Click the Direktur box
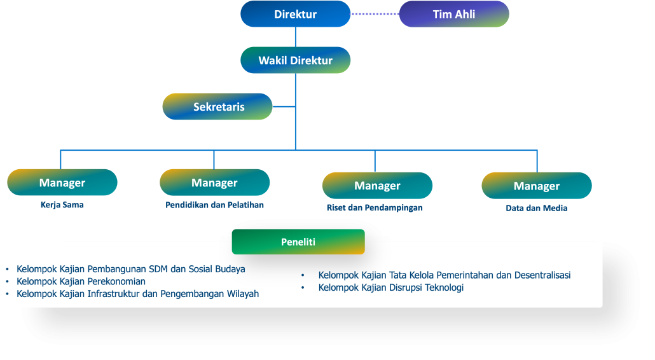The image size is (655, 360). pos(296,14)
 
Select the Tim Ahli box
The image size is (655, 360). pos(454,14)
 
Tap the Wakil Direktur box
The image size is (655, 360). pos(296,60)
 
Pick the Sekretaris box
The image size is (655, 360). pos(218,107)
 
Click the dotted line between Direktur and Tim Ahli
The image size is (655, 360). pos(375,13)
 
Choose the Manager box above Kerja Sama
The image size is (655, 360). pos(62,183)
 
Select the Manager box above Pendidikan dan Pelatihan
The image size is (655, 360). pos(215,183)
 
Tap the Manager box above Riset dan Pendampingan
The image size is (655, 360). pos(378,186)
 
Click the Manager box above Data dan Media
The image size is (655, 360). pos(537,186)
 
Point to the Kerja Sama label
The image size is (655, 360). pos(62,205)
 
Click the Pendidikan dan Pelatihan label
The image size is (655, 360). pos(215,205)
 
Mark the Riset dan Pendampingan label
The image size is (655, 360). pos(375,208)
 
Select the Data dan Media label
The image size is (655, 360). pos(537,208)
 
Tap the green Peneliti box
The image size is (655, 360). pos(298,242)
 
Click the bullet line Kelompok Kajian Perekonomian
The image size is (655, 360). pos(81,281)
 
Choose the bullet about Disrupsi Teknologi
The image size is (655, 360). pos(391,287)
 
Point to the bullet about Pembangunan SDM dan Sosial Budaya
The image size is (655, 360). pos(131,269)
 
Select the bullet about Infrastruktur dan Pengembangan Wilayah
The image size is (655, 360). pos(138,294)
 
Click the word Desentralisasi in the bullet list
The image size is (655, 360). pos(541,275)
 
